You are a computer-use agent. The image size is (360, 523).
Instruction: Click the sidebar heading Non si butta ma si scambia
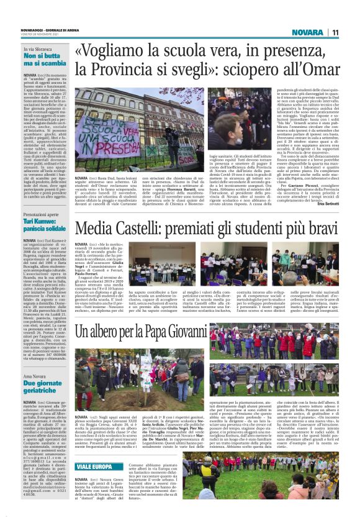coord(45,59)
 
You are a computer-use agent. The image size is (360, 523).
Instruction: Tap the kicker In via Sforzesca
coord(38,48)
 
